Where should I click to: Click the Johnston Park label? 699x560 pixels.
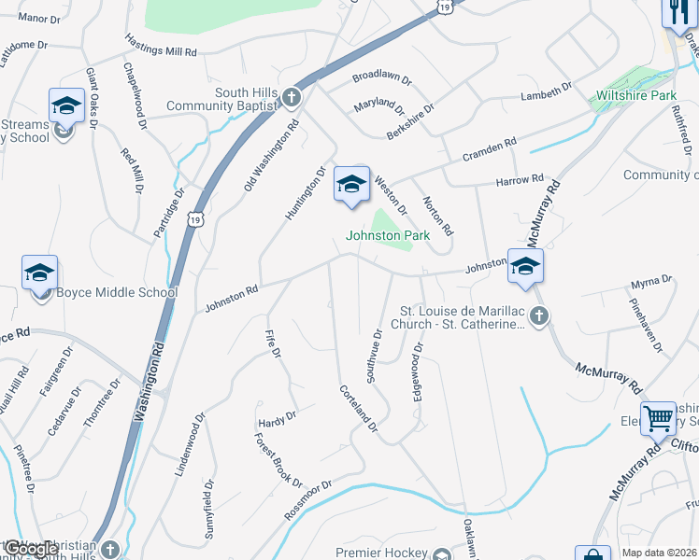tap(388, 236)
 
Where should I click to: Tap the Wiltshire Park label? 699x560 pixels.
tap(635, 95)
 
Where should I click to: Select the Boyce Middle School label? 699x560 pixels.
tap(117, 292)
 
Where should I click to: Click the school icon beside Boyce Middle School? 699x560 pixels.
tap(40, 274)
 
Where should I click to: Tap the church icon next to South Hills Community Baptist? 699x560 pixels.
tap(292, 98)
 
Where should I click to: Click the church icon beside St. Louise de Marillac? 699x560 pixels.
tap(538, 317)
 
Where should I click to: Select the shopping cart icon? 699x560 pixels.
tap(658, 418)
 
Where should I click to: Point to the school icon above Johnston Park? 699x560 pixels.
tap(351, 184)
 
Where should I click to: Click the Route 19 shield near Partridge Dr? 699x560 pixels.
tap(193, 218)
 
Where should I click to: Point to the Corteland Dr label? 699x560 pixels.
tap(358, 409)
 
